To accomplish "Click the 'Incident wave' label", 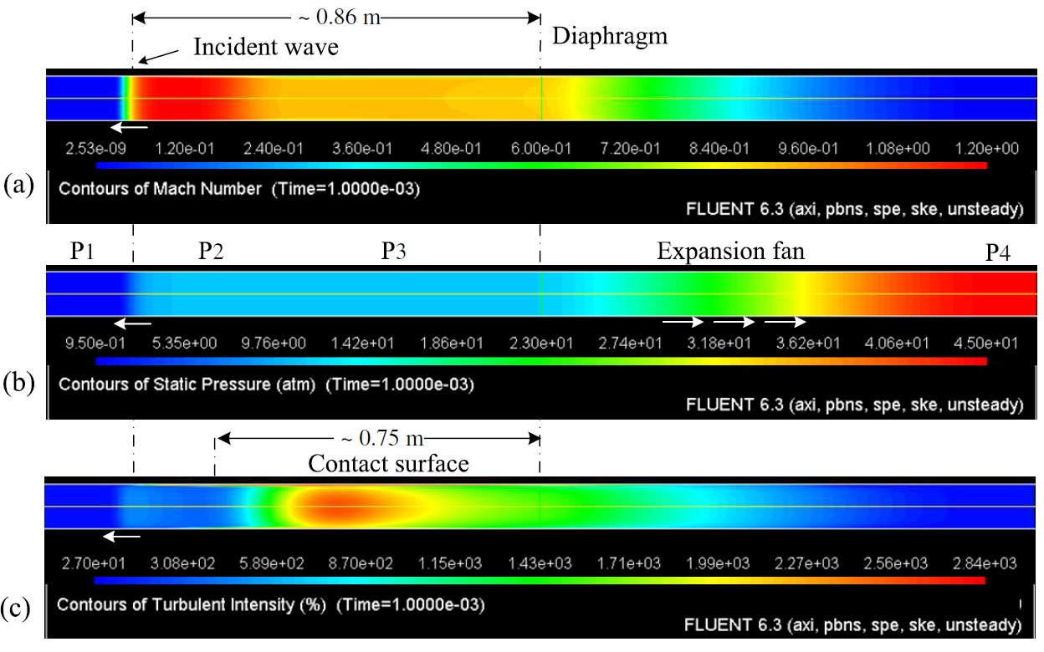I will (265, 47).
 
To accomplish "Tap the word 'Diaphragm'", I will (609, 36).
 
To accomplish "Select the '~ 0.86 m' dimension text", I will (337, 17).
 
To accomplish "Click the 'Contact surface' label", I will (388, 462).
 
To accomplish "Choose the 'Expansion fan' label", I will (730, 252).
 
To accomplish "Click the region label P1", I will (80, 252).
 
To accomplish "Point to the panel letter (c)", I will (19, 602).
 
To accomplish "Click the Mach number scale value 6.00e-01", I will (541, 149).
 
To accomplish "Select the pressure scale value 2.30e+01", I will (541, 344).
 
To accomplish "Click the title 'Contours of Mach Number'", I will (160, 189).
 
